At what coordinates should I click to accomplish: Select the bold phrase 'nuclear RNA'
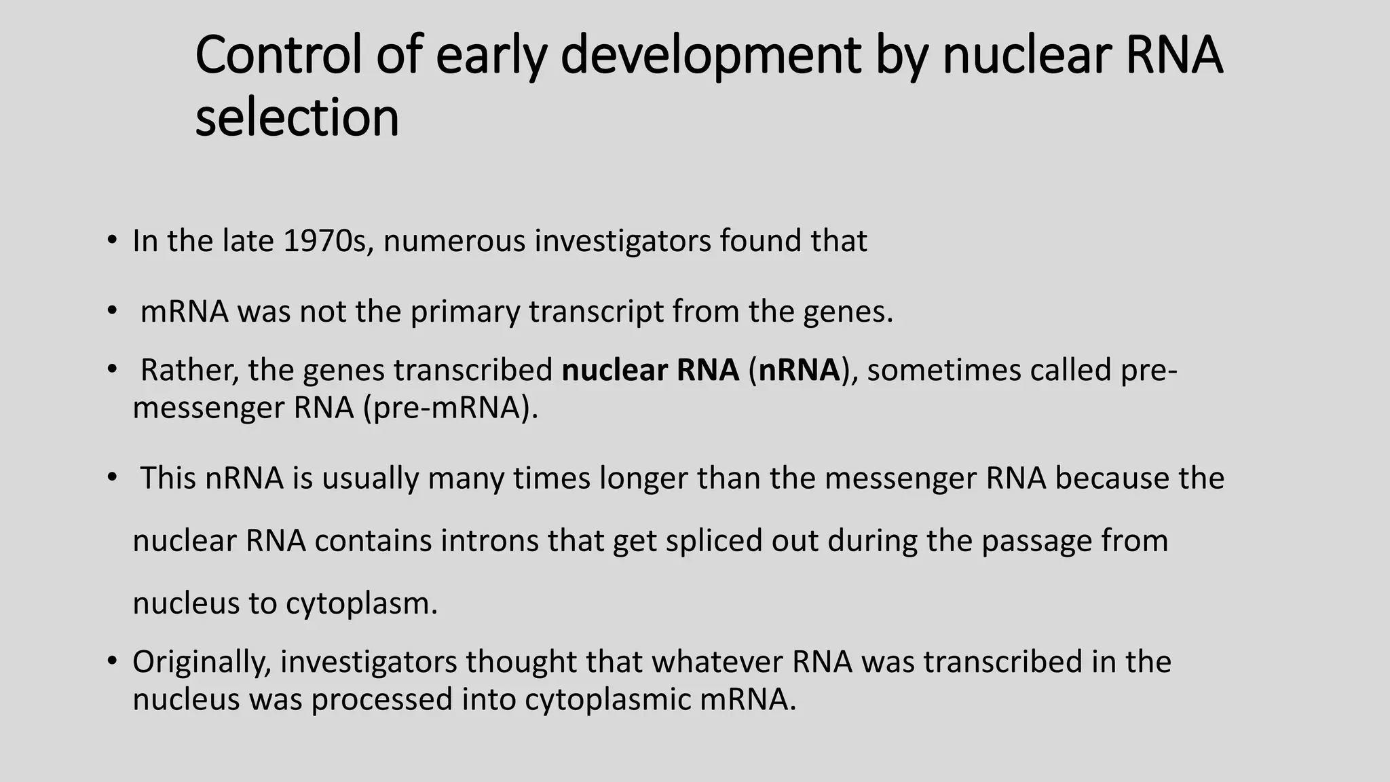coord(650,371)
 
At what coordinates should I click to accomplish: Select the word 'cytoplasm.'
coord(362,603)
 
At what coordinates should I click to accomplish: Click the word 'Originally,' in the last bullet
coord(202,663)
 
